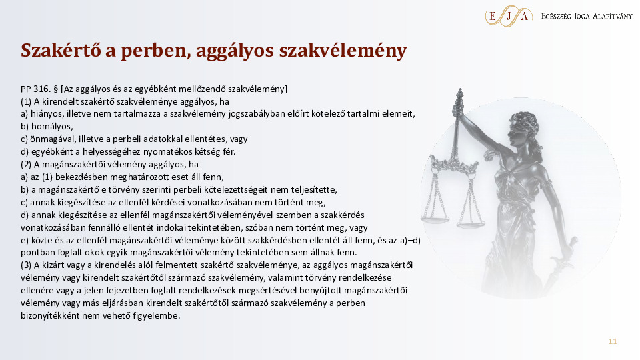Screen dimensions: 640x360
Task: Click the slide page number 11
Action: tap(612, 341)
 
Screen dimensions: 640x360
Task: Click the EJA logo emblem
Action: tap(509, 16)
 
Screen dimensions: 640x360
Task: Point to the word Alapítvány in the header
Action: tap(612, 16)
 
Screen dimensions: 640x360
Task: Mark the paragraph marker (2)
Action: tap(26, 165)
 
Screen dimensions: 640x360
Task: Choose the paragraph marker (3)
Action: tap(26, 265)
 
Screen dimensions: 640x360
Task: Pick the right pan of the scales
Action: tap(471, 224)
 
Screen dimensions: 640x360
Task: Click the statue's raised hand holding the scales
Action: tap(459, 108)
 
